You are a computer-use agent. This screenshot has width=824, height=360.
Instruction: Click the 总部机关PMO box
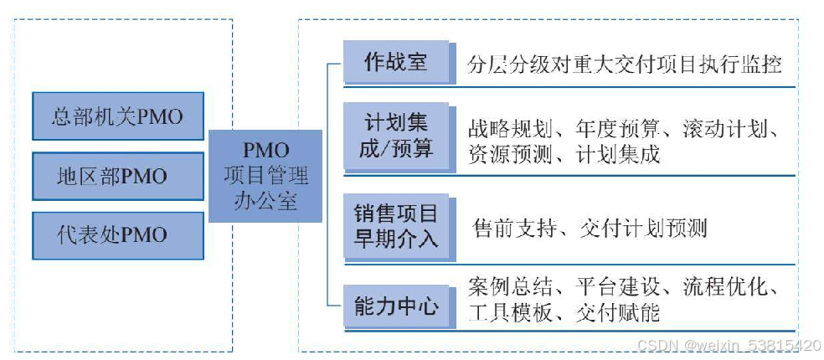click(117, 116)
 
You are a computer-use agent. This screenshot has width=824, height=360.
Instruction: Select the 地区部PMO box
click(117, 176)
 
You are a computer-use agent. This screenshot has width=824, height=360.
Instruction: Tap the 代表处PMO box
click(117, 235)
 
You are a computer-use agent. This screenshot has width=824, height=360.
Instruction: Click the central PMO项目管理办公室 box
click(265, 176)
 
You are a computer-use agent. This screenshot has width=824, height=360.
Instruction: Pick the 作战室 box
click(395, 63)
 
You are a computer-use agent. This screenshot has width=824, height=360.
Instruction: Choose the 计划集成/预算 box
click(395, 136)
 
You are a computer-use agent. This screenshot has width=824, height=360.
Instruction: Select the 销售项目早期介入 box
click(395, 226)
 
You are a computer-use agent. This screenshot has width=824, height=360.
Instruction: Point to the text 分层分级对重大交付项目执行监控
click(625, 64)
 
